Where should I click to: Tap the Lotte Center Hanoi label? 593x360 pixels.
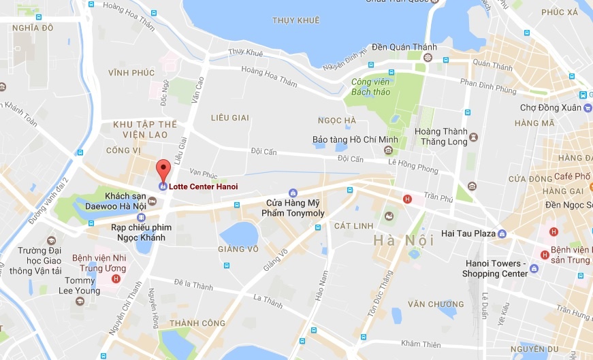(x=203, y=186)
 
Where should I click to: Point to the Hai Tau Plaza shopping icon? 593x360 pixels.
(x=502, y=234)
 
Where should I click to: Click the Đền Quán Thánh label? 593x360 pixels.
(x=404, y=47)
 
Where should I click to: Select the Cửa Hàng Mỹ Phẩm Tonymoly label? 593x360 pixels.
(x=293, y=208)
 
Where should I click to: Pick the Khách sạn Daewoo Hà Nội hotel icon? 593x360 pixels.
(x=152, y=201)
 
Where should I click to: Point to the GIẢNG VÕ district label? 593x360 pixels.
(x=238, y=249)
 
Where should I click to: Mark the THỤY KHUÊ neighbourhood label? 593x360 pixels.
(x=295, y=20)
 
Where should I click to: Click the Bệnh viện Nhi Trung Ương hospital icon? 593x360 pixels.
(x=116, y=278)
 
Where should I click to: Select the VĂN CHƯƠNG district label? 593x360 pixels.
(x=431, y=304)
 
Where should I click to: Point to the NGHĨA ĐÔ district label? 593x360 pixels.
(x=32, y=28)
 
